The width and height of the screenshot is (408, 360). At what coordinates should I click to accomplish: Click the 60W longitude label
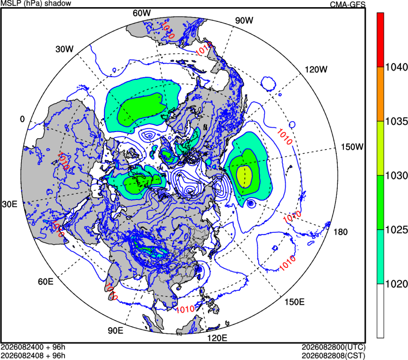click(141, 13)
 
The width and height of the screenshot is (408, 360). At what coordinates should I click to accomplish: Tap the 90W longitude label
click(244, 20)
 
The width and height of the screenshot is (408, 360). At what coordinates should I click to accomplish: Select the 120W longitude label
click(316, 69)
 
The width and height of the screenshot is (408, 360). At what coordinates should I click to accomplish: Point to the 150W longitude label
click(352, 147)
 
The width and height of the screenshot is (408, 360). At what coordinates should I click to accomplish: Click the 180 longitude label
click(340, 232)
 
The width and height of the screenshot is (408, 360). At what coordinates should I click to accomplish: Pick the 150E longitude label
click(294, 302)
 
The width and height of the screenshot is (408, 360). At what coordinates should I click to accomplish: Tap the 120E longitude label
click(217, 338)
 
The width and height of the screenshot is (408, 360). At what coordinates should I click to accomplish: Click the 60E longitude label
click(46, 282)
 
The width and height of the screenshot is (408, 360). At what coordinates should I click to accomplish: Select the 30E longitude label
click(9, 204)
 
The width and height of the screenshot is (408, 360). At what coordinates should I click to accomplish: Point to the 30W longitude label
click(65, 49)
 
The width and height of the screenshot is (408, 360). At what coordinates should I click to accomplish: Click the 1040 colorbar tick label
click(396, 67)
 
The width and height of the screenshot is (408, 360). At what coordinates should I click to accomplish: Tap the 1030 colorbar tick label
click(396, 176)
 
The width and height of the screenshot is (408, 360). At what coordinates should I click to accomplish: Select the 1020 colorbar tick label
click(396, 284)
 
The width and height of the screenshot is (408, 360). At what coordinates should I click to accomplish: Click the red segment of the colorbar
click(380, 40)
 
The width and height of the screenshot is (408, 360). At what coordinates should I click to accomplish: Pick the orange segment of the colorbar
click(380, 94)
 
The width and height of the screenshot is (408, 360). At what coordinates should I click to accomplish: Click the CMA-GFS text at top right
click(348, 4)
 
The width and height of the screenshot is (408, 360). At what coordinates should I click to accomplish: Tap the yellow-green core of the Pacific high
click(244, 176)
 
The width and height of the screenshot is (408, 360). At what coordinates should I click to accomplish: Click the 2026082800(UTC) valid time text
click(334, 347)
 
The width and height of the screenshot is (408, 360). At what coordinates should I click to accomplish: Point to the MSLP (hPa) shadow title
click(36, 3)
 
